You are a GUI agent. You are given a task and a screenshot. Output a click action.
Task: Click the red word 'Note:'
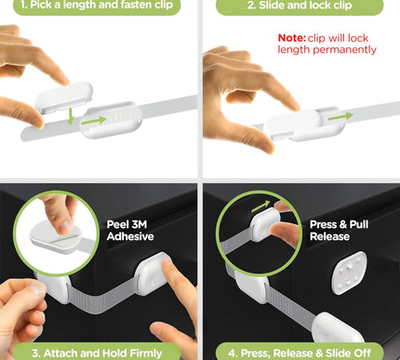295,38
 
